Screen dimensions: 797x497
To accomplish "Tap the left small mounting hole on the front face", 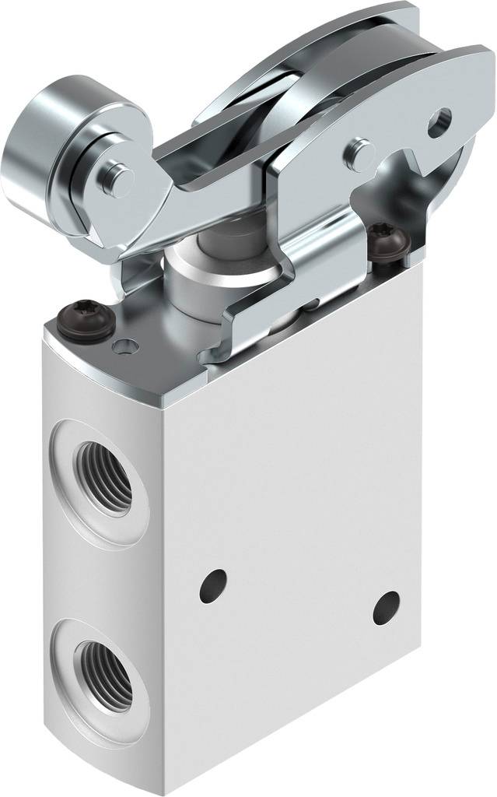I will pos(212,585).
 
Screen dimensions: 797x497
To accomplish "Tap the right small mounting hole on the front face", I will pos(386,607).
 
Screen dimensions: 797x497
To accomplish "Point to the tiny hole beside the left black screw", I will pos(122,346).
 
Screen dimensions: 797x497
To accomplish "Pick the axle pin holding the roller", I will pos(117,178).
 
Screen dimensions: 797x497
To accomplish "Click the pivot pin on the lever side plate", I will pos(359,148).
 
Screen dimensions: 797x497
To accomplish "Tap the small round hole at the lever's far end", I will pos(440,119).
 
